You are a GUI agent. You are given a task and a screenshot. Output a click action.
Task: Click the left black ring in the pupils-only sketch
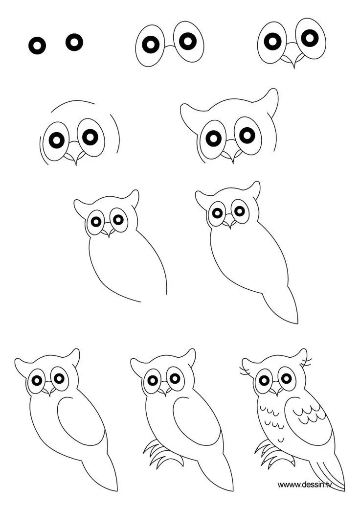coord(37,46)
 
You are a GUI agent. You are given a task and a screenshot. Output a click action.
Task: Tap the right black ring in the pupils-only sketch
coord(74,42)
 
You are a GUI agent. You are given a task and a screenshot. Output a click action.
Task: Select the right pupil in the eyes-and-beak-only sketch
coord(310,38)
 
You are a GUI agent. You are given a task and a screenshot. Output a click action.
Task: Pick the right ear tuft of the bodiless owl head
coord(271,100)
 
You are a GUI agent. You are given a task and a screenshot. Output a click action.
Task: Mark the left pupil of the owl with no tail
coord(96,222)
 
